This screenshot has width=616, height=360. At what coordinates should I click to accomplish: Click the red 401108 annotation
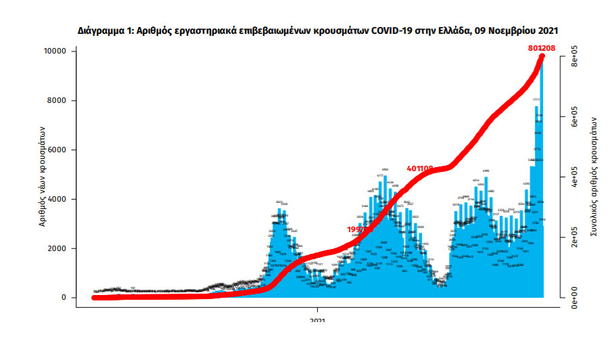tap(420, 168)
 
